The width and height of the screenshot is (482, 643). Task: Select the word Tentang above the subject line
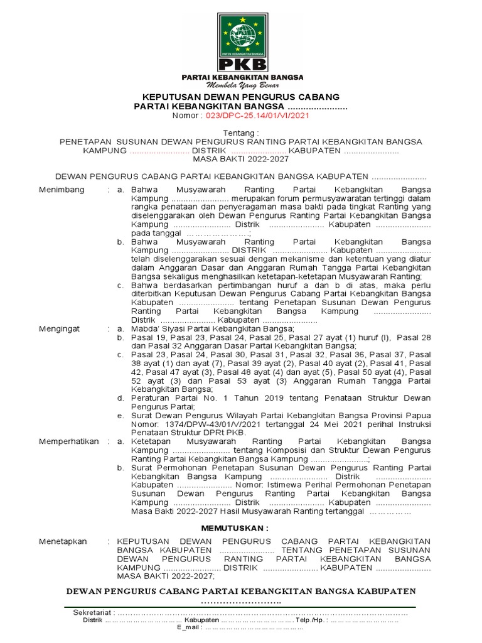pyautogui.click(x=240, y=134)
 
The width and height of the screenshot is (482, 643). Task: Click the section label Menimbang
pyautogui.click(x=62, y=190)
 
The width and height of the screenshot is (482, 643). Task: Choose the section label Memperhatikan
pyautogui.click(x=69, y=441)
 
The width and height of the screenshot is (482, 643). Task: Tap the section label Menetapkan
pyautogui.click(x=63, y=541)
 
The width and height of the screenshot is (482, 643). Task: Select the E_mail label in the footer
pyautogui.click(x=188, y=627)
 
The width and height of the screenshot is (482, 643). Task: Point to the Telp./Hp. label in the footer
pyautogui.click(x=313, y=620)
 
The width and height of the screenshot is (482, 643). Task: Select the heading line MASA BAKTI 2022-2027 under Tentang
pyautogui.click(x=240, y=159)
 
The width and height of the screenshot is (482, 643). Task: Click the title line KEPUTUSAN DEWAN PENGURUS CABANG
pyautogui.click(x=241, y=97)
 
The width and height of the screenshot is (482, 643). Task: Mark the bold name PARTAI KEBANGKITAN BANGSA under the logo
pyautogui.click(x=242, y=77)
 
